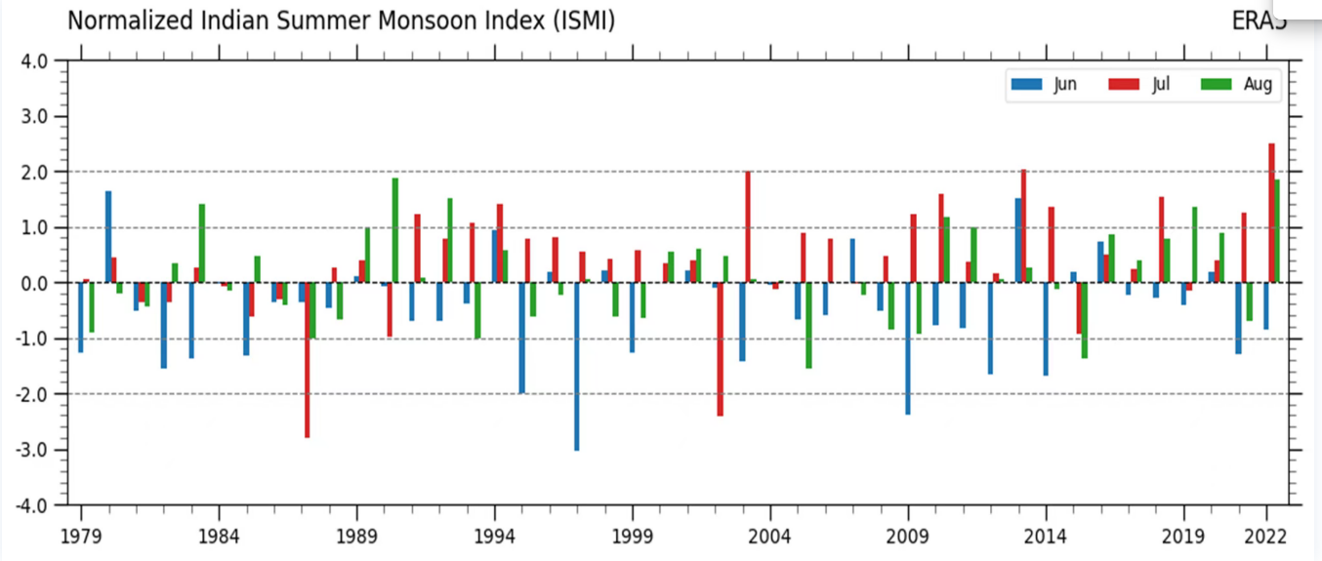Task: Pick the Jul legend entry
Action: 1142,85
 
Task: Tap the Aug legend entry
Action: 1238,85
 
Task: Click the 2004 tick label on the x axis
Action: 770,537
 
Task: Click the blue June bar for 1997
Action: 577,366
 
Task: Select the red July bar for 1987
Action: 307,360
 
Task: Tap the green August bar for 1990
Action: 394,230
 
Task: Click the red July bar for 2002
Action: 721,349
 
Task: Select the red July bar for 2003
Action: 748,227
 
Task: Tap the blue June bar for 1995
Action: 522,338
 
